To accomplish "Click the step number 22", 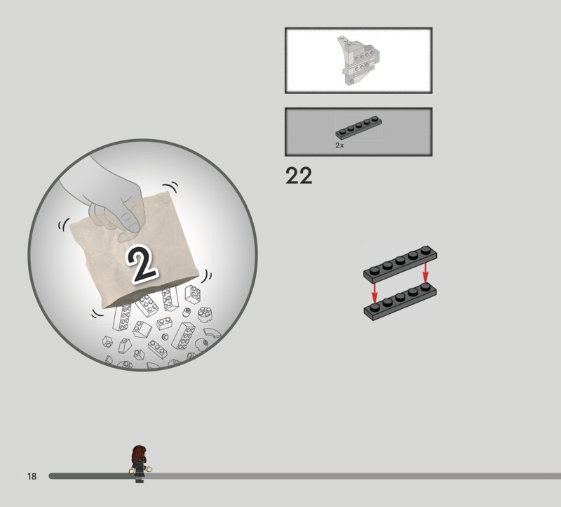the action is [x=299, y=176].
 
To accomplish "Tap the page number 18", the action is [x=32, y=476].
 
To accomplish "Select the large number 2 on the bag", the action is [x=142, y=265].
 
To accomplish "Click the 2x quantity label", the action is [x=339, y=145].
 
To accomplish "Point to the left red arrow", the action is [x=374, y=293].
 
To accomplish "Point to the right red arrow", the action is [x=426, y=273].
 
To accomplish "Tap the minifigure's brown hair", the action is [x=139, y=454].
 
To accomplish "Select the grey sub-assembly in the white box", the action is [x=358, y=60].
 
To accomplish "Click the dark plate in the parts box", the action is [x=358, y=127].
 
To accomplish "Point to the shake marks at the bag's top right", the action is [x=170, y=186].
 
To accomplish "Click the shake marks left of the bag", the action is [x=63, y=225].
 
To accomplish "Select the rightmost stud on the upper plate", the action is [x=426, y=250].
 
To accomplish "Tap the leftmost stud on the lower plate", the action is [x=374, y=308].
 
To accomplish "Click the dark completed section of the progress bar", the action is [x=90, y=476].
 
